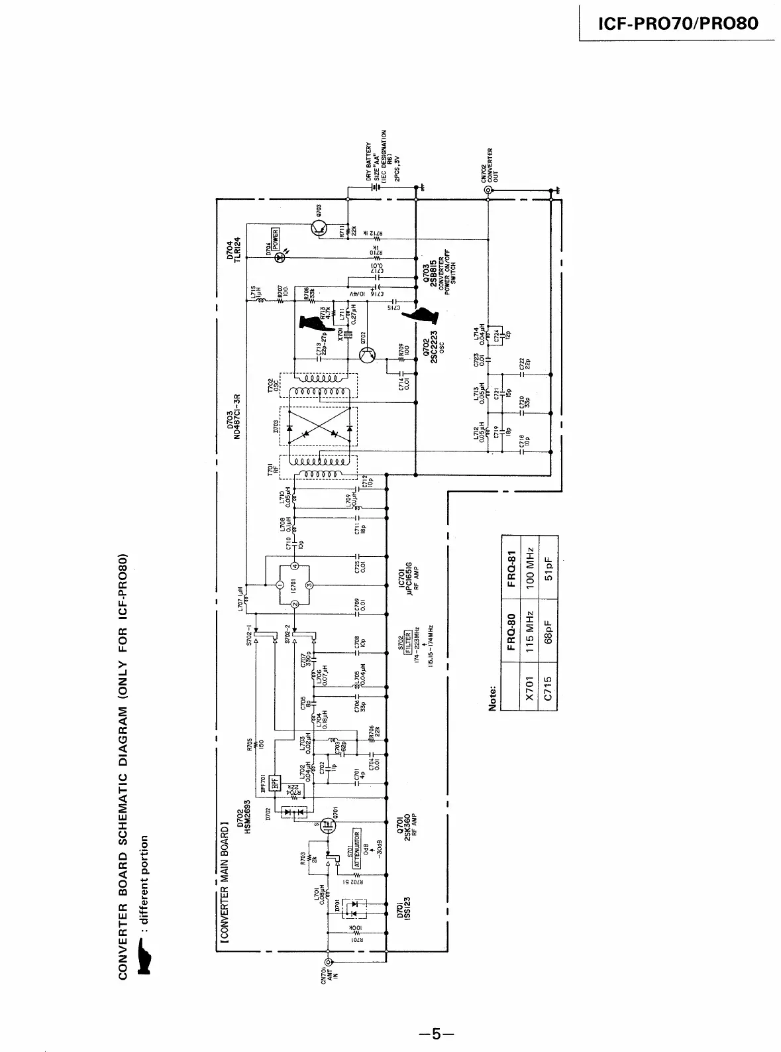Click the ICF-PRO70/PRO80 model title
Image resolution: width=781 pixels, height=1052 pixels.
click(x=677, y=23)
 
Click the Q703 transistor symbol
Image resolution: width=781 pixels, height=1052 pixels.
click(x=321, y=228)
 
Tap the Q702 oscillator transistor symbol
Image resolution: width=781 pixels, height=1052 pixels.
click(x=366, y=355)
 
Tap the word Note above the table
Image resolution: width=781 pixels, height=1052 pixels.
click(x=492, y=699)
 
